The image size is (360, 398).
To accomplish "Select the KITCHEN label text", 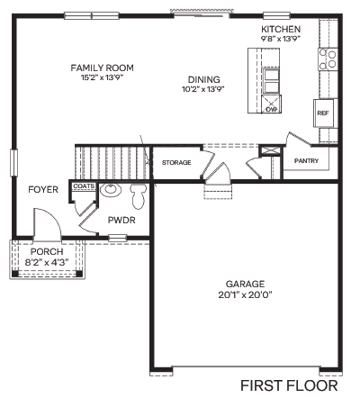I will pyautogui.click(x=281, y=29).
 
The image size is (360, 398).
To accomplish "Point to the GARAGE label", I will pyautogui.click(x=246, y=283).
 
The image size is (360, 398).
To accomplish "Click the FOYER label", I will pyautogui.click(x=43, y=190).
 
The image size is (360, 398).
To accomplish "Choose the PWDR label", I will pyautogui.click(x=121, y=219).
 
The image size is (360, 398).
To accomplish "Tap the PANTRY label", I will pyautogui.click(x=307, y=160).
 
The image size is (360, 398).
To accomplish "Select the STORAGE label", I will pyautogui.click(x=176, y=162).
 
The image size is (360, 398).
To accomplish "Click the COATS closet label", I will pyautogui.click(x=84, y=186).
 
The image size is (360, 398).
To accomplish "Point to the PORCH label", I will pyautogui.click(x=46, y=251).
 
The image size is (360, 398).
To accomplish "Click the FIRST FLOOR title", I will pyautogui.click(x=289, y=385).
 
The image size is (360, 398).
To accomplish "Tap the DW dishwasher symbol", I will pyautogui.click(x=271, y=109).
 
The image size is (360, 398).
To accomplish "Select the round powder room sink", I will pyautogui.click(x=112, y=190).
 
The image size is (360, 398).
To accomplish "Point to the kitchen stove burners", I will pyautogui.click(x=328, y=59).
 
